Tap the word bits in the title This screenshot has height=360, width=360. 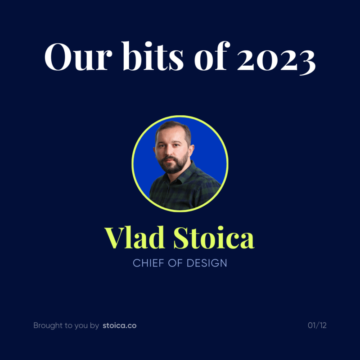153,56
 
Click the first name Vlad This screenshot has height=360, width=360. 135,238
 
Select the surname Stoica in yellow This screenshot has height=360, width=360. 214,238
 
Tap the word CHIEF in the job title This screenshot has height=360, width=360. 148,263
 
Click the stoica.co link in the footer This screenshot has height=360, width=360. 119,325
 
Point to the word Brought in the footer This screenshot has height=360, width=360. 48,325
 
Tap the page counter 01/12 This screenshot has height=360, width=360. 317,325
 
